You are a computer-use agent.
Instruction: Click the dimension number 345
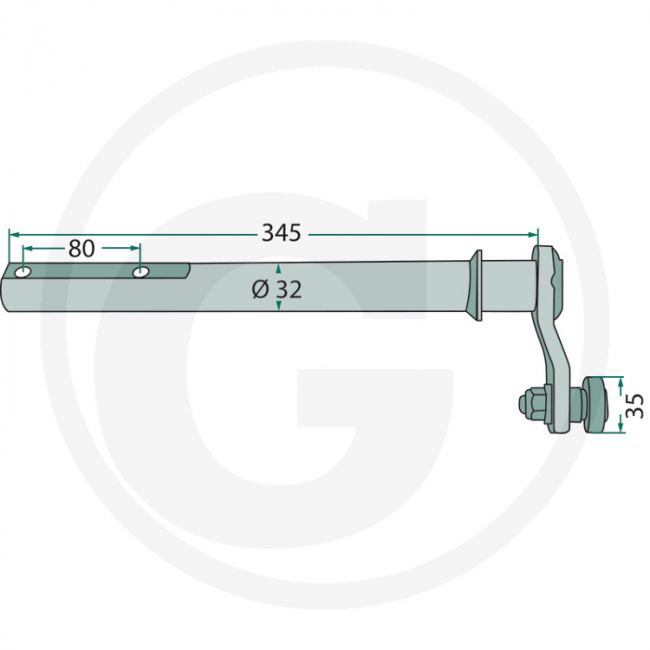point(280,233)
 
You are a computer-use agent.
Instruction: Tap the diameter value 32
point(288,290)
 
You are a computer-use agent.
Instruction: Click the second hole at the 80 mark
point(141,272)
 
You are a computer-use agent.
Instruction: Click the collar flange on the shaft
point(478,284)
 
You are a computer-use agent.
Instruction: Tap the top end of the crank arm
point(550,258)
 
